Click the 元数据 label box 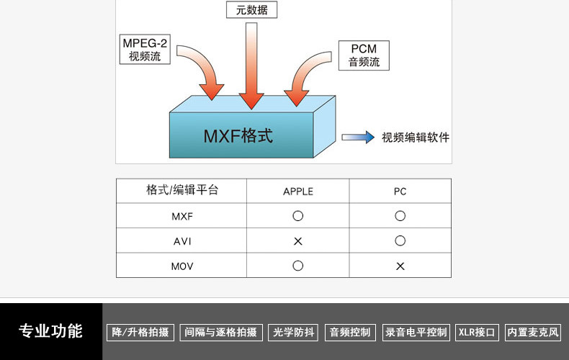251,9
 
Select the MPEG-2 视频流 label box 145,49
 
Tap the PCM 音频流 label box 364,55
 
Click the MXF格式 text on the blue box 238,135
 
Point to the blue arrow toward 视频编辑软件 358,137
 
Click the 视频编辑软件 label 416,138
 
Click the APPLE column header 298,192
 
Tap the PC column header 400,192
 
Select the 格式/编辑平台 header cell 182,191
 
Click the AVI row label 182,241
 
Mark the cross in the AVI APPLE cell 298,241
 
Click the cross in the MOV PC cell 400,266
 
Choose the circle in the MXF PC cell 400,216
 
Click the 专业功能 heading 50,331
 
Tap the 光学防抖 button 293,332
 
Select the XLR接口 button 477,332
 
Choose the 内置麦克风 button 533,332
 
